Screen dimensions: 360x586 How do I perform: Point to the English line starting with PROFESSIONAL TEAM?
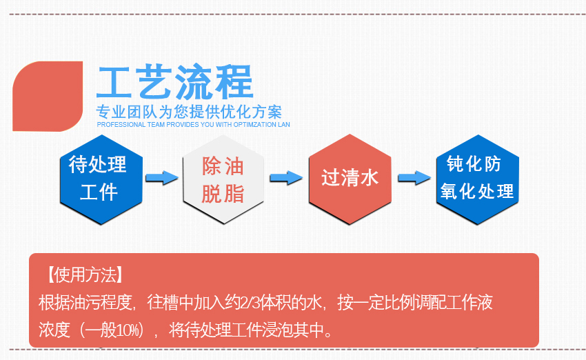point(193,125)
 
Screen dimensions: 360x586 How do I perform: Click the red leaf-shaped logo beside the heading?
point(47,96)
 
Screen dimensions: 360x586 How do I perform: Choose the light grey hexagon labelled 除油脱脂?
point(223,178)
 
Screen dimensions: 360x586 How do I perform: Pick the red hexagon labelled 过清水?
point(350,178)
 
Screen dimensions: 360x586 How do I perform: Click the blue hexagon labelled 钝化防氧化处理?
point(477,178)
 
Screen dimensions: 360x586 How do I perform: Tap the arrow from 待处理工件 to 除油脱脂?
point(162,178)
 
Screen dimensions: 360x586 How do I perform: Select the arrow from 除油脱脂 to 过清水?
point(286,178)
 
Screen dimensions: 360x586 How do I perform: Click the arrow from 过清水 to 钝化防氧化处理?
point(414,178)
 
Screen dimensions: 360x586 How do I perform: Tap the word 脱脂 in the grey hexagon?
point(223,194)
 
